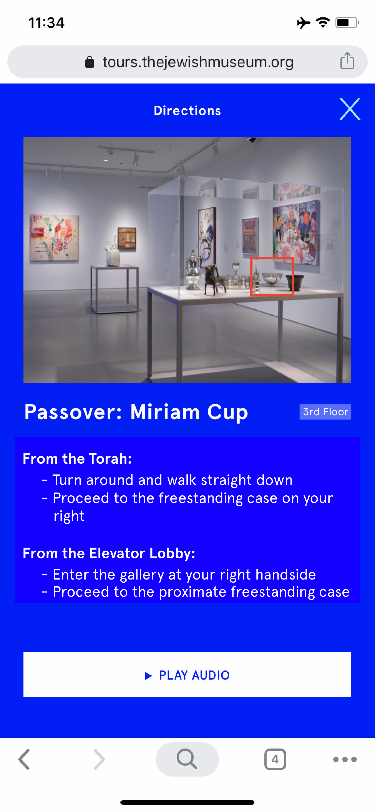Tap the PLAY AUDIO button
point(187,675)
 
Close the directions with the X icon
point(350,109)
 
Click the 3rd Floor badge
point(325,412)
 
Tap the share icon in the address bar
point(347,61)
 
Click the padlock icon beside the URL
point(90,62)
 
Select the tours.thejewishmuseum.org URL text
point(198,62)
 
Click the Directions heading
point(187,111)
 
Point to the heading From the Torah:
point(77,459)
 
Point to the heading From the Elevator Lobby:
point(109,553)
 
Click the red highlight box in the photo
point(272,276)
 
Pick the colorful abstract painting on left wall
point(53,238)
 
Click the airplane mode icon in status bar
point(303,23)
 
